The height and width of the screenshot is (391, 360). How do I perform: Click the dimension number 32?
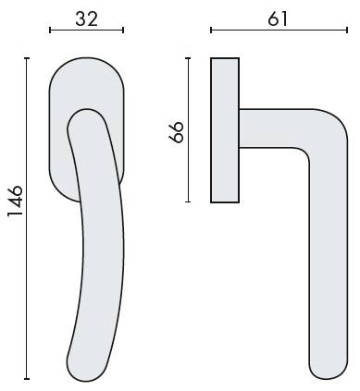pos(87,18)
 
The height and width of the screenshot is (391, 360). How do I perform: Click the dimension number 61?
pos(278,18)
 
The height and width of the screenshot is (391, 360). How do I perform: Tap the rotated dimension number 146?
pos(16,202)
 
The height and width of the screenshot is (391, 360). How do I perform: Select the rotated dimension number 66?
pos(177,132)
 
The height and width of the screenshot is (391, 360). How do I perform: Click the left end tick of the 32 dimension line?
pos(50,31)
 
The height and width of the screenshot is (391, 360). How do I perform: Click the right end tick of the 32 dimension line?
pos(123,31)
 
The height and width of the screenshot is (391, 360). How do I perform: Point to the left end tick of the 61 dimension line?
pos(211,31)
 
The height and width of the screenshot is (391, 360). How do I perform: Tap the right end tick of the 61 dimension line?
pos(347,31)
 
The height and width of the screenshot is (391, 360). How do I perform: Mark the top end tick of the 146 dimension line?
pos(27,58)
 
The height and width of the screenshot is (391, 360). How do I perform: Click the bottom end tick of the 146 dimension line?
pos(27,379)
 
